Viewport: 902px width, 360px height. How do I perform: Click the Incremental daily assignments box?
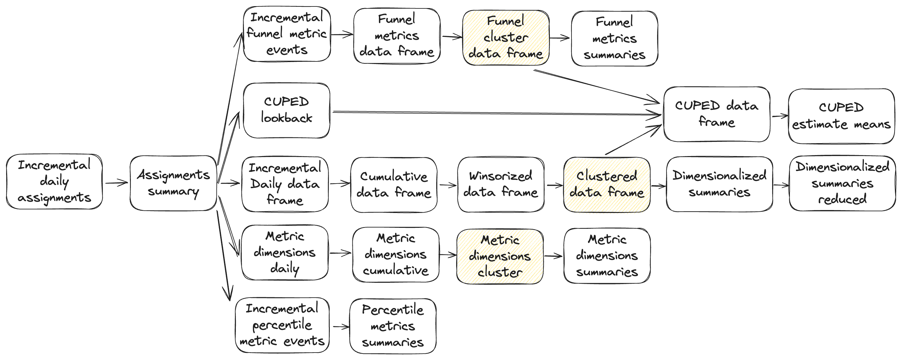[54, 181]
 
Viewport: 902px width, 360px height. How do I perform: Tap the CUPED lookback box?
[287, 110]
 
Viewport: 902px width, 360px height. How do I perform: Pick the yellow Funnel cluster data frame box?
[506, 37]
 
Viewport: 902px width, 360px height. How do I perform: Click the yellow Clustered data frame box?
[606, 185]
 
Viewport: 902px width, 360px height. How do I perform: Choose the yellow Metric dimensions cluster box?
[500, 256]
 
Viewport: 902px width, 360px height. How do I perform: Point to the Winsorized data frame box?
[500, 185]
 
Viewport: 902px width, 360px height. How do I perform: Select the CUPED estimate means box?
[841, 116]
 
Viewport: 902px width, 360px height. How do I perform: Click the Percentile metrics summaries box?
[393, 326]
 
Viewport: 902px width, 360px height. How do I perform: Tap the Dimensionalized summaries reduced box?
[842, 183]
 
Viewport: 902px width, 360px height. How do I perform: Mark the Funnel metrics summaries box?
[614, 38]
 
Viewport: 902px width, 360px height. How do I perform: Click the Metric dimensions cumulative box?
[395, 255]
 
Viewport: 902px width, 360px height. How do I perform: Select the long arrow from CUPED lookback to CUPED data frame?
[490, 113]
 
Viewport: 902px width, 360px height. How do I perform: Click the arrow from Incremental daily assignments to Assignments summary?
[116, 183]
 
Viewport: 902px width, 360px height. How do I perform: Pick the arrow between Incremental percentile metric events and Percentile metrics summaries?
[341, 327]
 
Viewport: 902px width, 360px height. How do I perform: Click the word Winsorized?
[500, 176]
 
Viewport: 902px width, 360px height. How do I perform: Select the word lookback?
[287, 118]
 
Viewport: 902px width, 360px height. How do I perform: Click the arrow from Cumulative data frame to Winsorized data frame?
[447, 185]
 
